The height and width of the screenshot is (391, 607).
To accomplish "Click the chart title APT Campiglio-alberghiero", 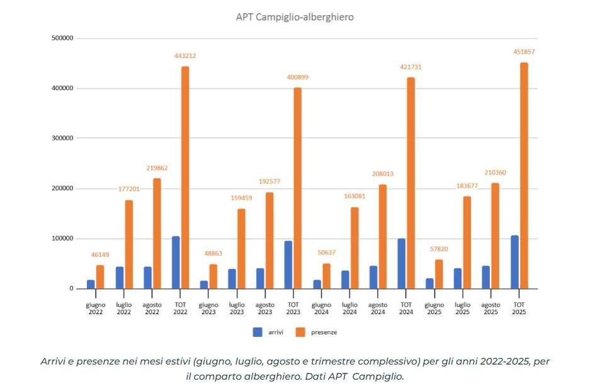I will pyautogui.click(x=295, y=17).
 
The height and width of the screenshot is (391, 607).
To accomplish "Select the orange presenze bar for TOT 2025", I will pyautogui.click(x=524, y=176).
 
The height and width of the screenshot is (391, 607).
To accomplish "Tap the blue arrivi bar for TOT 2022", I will pyautogui.click(x=176, y=263).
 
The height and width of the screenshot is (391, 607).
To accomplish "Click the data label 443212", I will pyautogui.click(x=185, y=56).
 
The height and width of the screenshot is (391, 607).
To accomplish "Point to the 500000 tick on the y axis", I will pyautogui.click(x=63, y=38).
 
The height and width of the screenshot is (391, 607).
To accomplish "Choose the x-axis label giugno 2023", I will pyautogui.click(x=208, y=308).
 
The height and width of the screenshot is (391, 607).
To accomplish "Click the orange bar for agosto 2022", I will pyautogui.click(x=157, y=234).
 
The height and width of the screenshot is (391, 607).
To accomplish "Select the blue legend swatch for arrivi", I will pyautogui.click(x=258, y=332).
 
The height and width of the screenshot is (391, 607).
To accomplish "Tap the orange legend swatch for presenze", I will pyautogui.click(x=300, y=332).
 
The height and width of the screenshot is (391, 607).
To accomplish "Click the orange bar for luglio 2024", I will pyautogui.click(x=355, y=248).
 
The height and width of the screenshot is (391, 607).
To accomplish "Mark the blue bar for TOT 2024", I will pyautogui.click(x=401, y=264).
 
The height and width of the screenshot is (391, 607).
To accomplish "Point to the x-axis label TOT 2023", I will pyautogui.click(x=293, y=308).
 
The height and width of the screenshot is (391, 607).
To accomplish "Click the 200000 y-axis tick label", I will pyautogui.click(x=63, y=188).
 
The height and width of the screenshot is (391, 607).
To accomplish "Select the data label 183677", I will pyautogui.click(x=467, y=186).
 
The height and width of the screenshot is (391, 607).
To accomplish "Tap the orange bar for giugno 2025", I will pyautogui.click(x=439, y=275).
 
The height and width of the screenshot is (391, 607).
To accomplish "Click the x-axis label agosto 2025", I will pyautogui.click(x=491, y=308).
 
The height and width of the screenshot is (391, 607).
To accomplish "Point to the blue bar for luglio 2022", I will pyautogui.click(x=120, y=278).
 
